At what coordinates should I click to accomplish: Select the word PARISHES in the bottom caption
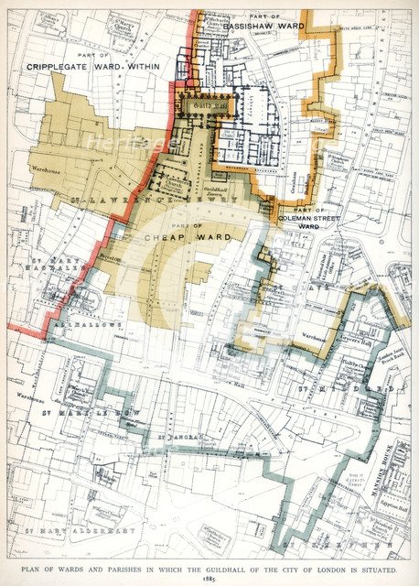[x=120, y=569]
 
